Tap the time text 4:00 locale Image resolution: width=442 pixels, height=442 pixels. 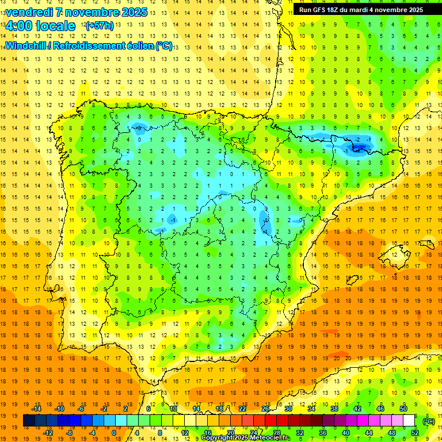click(x=40, y=26)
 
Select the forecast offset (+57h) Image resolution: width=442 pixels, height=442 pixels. click(x=100, y=26)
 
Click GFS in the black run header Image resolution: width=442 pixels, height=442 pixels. click(x=324, y=10)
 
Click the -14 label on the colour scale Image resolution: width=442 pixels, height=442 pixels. click(x=37, y=409)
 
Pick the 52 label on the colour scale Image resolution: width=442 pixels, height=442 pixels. click(x=415, y=433)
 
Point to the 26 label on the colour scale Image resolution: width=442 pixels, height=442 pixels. click(x=265, y=409)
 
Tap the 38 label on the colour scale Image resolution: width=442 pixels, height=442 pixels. click(x=334, y=409)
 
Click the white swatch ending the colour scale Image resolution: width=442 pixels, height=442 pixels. click(x=409, y=421)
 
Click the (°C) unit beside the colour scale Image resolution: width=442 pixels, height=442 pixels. click(x=428, y=421)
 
